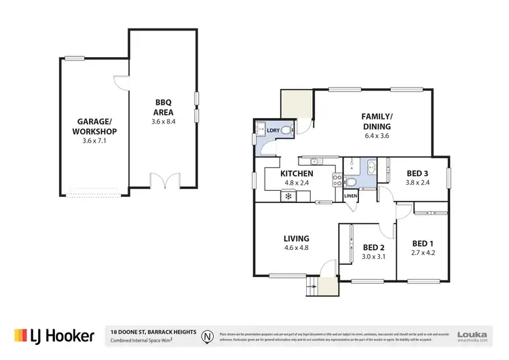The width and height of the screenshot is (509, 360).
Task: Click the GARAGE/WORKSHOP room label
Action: pyautogui.click(x=96, y=126)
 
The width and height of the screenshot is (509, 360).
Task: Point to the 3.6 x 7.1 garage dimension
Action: pyautogui.click(x=96, y=141)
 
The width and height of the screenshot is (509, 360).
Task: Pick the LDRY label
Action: pyautogui.click(x=274, y=130)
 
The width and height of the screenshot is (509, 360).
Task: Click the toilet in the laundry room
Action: pyautogui.click(x=286, y=130)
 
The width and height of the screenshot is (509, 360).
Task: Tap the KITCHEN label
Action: pyautogui.click(x=297, y=174)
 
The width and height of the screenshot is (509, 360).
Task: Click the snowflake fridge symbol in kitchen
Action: pyautogui.click(x=288, y=197)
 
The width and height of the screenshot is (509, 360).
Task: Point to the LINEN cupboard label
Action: pyautogui.click(x=350, y=196)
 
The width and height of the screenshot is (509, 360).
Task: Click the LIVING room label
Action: pyautogui.click(x=297, y=238)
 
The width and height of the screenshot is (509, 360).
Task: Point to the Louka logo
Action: pyautogui.click(x=474, y=335)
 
